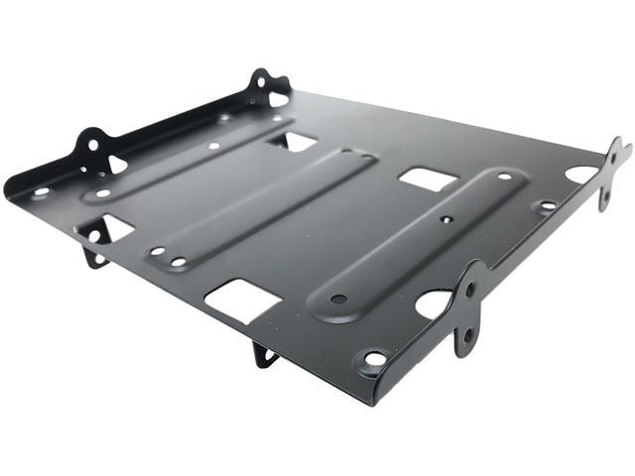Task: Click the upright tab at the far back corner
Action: coord(266,86)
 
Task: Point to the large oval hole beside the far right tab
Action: coord(581,175)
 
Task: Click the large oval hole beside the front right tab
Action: coord(433,303)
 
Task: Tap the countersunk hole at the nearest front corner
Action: coord(375,358)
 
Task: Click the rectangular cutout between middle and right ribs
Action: coord(428,178)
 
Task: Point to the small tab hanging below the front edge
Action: coord(266,351)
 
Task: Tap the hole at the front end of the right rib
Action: coord(339,297)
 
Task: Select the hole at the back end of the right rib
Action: coord(504,178)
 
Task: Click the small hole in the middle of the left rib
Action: coord(213,146)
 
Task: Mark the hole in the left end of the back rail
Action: coord(41,190)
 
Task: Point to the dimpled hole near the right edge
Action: coord(547,207)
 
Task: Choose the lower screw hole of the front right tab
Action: coord(467,336)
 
